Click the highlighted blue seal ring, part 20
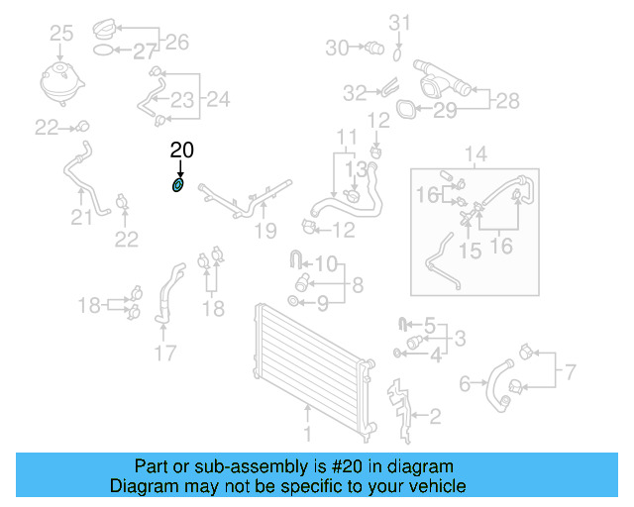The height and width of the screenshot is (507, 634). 178,185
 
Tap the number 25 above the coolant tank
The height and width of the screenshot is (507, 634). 61,35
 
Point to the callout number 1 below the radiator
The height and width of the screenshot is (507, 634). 306,434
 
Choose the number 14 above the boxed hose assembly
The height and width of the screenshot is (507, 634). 476,154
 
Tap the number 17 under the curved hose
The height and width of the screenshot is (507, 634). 165,352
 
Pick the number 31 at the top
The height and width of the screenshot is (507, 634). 398,22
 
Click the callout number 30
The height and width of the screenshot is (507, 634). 337,47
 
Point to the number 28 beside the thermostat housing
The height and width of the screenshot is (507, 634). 507,99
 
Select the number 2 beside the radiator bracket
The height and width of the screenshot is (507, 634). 433,416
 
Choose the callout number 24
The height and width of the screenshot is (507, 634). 218,98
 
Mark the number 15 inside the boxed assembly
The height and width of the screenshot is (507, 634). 471,251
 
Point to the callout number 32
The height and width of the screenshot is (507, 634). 355,92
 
